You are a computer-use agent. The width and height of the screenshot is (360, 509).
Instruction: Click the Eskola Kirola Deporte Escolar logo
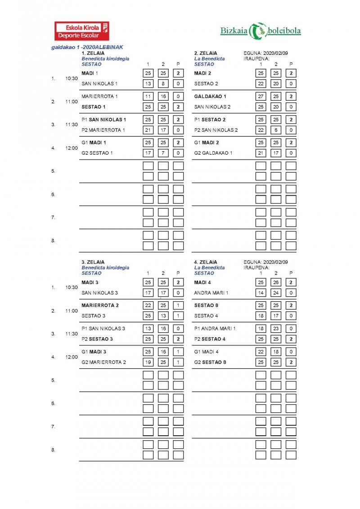(81, 31)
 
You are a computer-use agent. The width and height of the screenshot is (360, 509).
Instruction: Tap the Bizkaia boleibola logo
(261, 31)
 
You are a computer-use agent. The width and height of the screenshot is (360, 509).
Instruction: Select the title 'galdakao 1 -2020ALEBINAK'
(87, 47)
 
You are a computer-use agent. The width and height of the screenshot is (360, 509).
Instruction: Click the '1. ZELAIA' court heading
(93, 53)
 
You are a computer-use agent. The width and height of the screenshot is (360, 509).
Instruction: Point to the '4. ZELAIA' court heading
(206, 262)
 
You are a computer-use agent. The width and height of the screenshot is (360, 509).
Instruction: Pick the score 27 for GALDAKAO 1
(261, 96)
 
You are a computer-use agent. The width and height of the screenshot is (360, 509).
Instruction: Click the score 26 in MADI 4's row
(276, 282)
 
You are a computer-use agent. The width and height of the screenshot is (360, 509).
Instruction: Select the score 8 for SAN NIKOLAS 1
(163, 84)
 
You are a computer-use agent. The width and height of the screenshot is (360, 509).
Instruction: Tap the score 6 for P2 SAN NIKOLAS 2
(276, 130)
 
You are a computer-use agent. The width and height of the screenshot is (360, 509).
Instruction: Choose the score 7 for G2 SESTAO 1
(163, 153)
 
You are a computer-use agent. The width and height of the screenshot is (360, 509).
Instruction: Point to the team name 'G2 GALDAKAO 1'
(213, 153)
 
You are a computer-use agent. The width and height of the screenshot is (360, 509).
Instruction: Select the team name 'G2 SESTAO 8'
(210, 362)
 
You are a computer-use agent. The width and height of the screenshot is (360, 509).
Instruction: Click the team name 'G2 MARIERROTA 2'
(103, 362)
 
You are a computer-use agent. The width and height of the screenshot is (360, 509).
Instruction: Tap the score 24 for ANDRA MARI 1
(276, 293)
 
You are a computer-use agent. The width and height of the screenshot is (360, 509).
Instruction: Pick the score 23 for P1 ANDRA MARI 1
(276, 329)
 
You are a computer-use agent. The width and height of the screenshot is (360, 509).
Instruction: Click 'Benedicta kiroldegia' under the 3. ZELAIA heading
(105, 268)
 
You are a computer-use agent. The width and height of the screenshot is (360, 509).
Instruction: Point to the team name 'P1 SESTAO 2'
(210, 120)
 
